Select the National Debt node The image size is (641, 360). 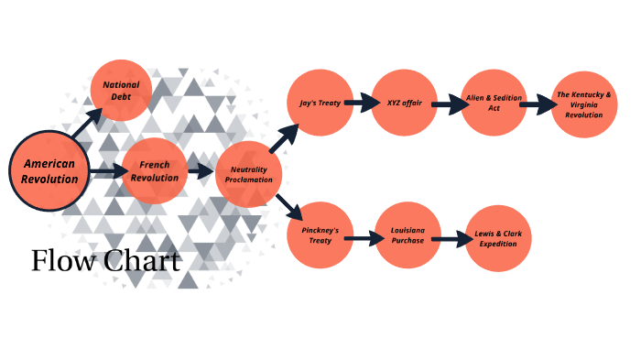pyautogui.click(x=121, y=90)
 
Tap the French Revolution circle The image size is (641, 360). pyautogui.click(x=153, y=171)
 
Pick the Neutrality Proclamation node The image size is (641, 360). pyautogui.click(x=250, y=175)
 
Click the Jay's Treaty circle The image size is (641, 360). pyautogui.click(x=320, y=103)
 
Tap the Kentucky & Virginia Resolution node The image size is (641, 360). pyautogui.click(x=584, y=104)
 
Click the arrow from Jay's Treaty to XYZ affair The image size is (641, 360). pyautogui.click(x=363, y=103)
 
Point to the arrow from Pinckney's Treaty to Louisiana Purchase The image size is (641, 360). pyautogui.click(x=363, y=239)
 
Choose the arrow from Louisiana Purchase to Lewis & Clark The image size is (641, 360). pyautogui.click(x=450, y=240)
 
